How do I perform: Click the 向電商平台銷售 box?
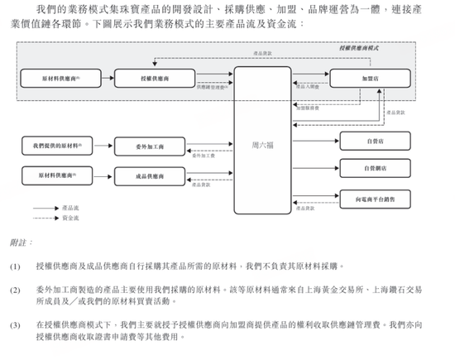click(x=374, y=199)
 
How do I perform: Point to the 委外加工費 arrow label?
click(x=203, y=155)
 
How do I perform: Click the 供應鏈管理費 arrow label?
click(x=213, y=87)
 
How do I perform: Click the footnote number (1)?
click(x=16, y=267)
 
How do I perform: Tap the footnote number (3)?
click(x=16, y=326)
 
